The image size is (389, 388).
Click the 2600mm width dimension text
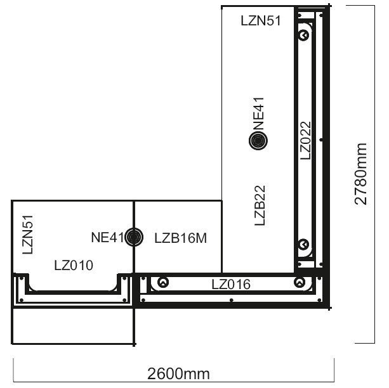coord(178,373)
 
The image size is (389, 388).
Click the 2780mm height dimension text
coord(360,174)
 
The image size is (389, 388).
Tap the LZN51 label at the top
coord(261,20)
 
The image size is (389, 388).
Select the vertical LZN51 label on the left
coord(27,235)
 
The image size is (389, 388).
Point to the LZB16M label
coord(181,238)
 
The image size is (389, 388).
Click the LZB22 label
coord(260,205)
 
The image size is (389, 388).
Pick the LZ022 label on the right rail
coord(305,141)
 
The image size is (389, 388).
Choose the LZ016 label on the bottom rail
coord(231,285)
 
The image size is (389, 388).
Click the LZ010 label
coord(74,265)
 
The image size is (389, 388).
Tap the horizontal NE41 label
coord(107,237)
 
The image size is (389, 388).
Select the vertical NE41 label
coord(258,113)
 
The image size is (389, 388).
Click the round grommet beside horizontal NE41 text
coord(134,237)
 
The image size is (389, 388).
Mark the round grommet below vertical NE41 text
coord(258,141)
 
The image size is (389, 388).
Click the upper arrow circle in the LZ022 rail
coord(303,35)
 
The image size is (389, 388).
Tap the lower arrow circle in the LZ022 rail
coord(303,245)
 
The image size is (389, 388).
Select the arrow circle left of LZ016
coord(163,282)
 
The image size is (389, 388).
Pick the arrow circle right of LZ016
coord(300,282)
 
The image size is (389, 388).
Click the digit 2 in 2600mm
coord(152,373)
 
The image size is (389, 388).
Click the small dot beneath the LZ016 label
coord(232,301)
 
